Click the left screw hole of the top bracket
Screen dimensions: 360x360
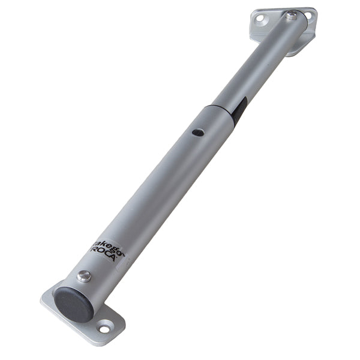point(259,18)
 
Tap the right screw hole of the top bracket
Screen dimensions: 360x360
point(308,14)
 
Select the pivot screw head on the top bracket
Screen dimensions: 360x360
point(291,16)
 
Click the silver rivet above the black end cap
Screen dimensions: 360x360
point(85,276)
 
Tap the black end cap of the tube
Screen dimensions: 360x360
point(73,304)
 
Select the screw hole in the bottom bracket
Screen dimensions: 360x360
point(104,329)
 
